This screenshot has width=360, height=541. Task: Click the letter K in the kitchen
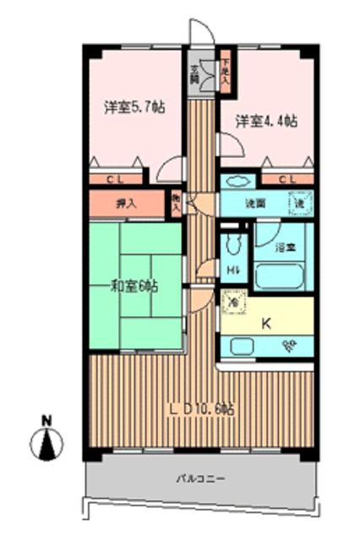(265, 321)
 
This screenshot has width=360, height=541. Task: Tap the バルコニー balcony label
(200, 478)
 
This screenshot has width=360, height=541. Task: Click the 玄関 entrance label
(194, 74)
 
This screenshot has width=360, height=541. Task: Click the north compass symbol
(47, 443)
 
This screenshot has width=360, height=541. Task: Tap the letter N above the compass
(47, 420)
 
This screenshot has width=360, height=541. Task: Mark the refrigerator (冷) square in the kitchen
(234, 300)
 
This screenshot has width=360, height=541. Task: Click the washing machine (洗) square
(300, 203)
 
